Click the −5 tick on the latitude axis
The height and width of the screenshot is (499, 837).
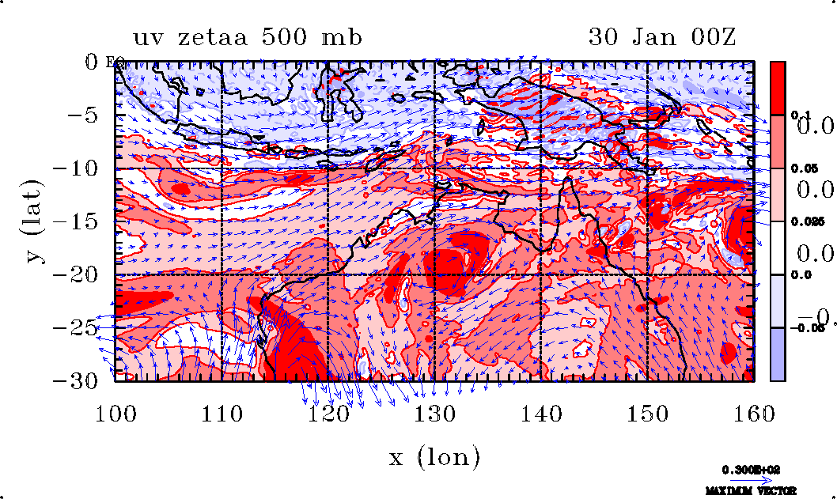click(84, 115)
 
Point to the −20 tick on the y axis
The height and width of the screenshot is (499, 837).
click(77, 274)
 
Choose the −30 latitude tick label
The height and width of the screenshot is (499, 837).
click(77, 380)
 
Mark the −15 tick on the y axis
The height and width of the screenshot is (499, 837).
click(77, 221)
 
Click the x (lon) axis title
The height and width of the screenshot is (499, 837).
click(434, 457)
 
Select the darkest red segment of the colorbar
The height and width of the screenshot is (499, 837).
click(778, 88)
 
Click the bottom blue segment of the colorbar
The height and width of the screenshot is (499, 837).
click(778, 354)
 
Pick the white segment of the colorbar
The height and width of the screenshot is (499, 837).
click(778, 248)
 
